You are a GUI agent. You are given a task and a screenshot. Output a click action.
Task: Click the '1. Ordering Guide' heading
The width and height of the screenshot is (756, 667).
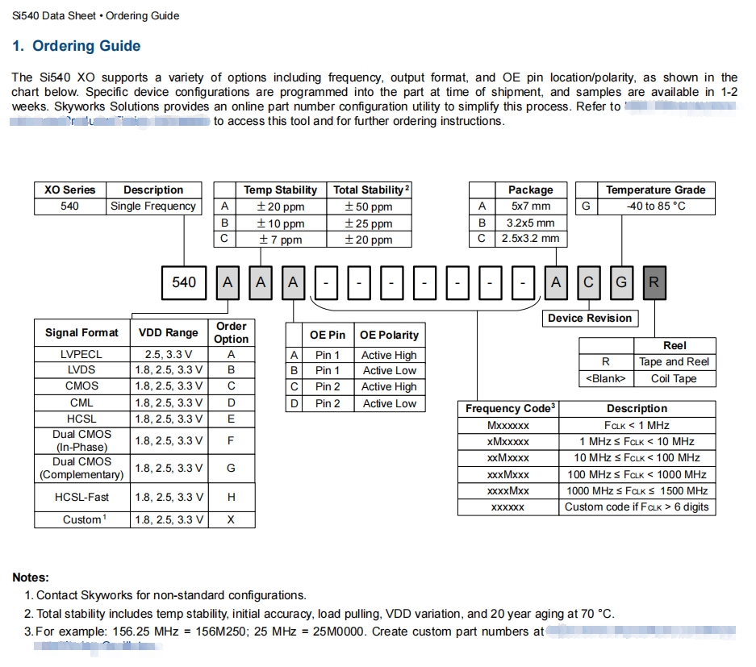click(x=77, y=46)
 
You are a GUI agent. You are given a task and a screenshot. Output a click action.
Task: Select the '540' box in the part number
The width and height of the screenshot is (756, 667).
click(x=184, y=282)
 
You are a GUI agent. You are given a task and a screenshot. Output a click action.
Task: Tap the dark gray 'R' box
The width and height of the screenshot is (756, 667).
click(x=654, y=282)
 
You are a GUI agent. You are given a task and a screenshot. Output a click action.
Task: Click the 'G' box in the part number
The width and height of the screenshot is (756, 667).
click(x=621, y=282)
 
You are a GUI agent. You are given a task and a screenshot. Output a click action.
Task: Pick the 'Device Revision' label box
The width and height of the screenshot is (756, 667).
click(x=590, y=318)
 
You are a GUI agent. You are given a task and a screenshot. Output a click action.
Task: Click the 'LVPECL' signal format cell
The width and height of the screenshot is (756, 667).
click(x=81, y=354)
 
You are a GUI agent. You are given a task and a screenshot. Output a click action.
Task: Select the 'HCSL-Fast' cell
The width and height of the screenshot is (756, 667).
click(x=81, y=497)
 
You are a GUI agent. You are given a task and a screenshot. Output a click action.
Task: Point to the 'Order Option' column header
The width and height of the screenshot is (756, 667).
click(x=231, y=332)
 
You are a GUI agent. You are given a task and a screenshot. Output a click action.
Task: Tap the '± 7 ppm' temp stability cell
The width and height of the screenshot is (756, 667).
click(x=280, y=240)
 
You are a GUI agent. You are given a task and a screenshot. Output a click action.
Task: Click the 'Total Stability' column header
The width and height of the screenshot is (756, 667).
click(x=370, y=190)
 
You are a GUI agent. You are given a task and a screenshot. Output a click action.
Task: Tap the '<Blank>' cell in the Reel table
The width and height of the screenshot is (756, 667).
click(x=605, y=378)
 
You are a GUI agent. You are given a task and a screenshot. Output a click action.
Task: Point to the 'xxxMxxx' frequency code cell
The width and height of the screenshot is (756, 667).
click(x=508, y=474)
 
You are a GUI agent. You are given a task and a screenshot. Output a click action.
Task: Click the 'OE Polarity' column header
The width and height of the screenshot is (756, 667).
click(x=389, y=335)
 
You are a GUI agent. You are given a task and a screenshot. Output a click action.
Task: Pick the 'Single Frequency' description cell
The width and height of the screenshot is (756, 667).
click(x=153, y=206)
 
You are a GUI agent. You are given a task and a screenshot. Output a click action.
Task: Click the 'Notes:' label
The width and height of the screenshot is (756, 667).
click(x=31, y=577)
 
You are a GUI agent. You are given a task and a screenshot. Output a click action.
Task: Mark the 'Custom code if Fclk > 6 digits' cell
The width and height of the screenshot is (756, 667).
click(x=637, y=507)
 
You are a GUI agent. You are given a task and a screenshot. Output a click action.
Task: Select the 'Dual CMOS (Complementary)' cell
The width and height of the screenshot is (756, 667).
click(x=81, y=468)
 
